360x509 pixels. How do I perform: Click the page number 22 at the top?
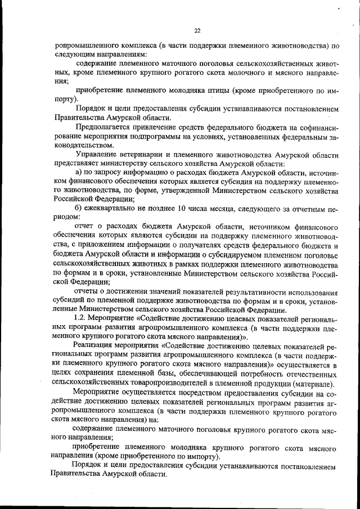[x=197, y=31]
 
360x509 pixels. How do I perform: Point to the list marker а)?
[x=79, y=172]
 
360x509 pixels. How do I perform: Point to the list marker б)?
[x=79, y=208]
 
